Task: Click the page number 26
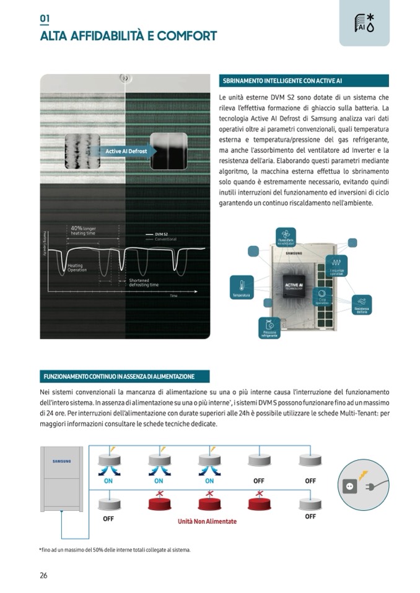coord(43,575)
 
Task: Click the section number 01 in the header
coord(45,19)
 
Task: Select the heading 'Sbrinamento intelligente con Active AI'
coord(304,81)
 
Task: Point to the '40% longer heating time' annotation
coord(83,231)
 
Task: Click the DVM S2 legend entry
coord(162,234)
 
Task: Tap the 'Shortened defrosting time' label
coord(144,283)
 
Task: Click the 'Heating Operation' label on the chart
coord(77,268)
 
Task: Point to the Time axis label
coord(174,296)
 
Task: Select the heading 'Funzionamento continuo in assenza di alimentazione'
coord(125,376)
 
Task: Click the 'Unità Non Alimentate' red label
coord(207,521)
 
